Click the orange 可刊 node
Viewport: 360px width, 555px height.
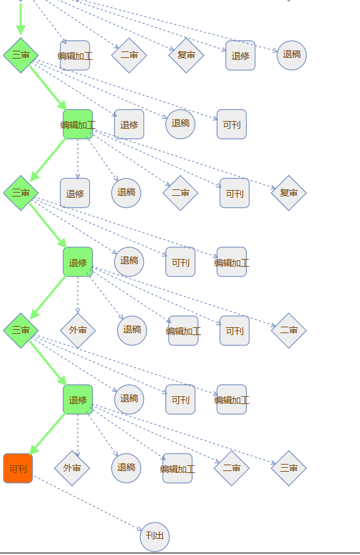coord(18,468)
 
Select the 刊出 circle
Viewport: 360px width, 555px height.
coord(155,537)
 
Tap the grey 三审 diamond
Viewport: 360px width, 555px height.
coord(288,468)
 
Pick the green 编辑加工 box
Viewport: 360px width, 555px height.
coord(78,124)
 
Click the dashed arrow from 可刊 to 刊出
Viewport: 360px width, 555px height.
coord(87,503)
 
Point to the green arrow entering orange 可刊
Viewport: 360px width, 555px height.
coord(48,433)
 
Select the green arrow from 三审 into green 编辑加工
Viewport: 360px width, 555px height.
coord(48,88)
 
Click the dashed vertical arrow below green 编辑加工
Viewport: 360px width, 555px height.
coord(78,159)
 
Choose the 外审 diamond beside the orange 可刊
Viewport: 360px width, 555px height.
coord(72,468)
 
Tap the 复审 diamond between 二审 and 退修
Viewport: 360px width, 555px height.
coord(186,55)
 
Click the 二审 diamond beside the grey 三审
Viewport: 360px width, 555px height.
coord(232,468)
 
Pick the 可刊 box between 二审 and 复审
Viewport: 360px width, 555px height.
coord(235,193)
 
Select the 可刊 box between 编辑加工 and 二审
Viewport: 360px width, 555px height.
coord(235,331)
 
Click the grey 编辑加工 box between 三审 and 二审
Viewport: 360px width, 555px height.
coord(75,55)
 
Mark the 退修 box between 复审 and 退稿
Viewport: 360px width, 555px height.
coord(240,55)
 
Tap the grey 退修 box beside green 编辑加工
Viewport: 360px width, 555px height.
coord(129,124)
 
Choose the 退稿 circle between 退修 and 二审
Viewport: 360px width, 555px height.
coord(126,193)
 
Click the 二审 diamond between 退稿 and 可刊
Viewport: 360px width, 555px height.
coord(180,193)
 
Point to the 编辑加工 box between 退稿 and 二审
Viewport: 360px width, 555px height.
coord(178,468)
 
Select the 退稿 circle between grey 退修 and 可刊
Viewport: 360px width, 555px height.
coord(180,124)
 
